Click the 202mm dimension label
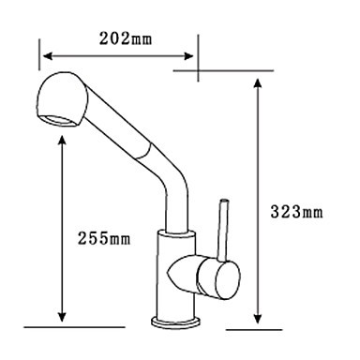pyautogui.click(x=126, y=39)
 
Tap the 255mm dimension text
pyautogui.click(x=104, y=239)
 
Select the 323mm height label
pyautogui.click(x=296, y=212)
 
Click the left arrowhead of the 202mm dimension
pyautogui.click(x=47, y=56)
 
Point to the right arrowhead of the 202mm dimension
pyautogui.click(x=189, y=56)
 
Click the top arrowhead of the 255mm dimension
pyautogui.click(x=63, y=141)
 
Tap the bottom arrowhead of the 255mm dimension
pyautogui.click(x=63, y=317)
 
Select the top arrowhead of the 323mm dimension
pyautogui.click(x=257, y=83)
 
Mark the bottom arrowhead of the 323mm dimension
pyautogui.click(x=257, y=319)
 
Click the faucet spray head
pyautogui.click(x=63, y=99)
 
